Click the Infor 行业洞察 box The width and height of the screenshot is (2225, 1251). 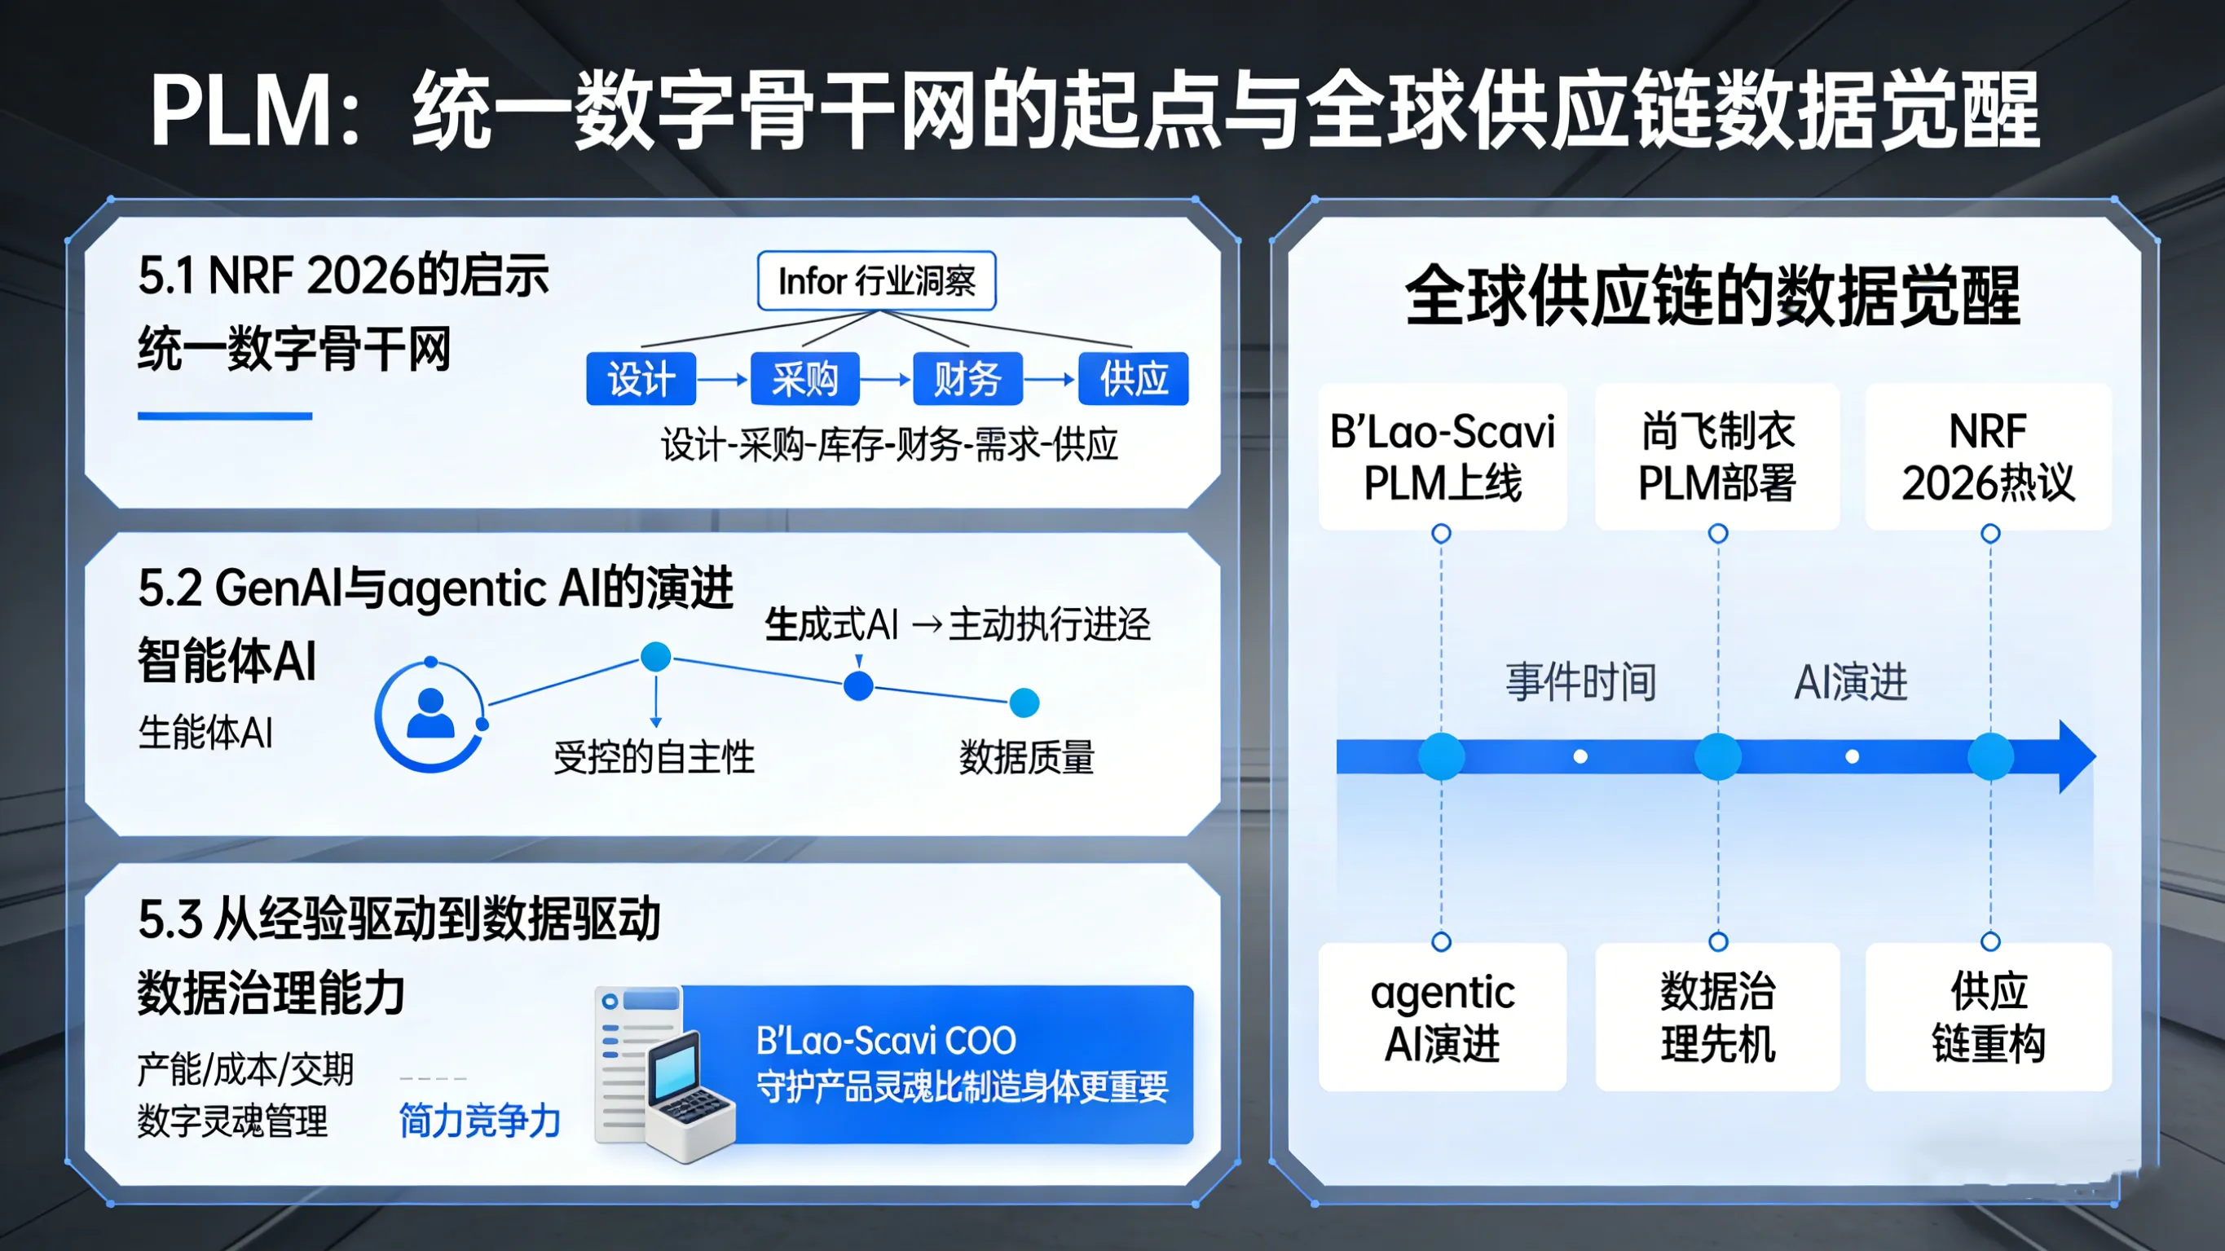pyautogui.click(x=876, y=281)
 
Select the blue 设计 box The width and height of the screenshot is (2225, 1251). pyautogui.click(x=640, y=378)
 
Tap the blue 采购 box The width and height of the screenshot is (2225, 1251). pyautogui.click(x=804, y=378)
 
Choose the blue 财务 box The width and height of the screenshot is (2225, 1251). pyautogui.click(x=967, y=378)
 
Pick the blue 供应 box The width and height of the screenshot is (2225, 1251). pyautogui.click(x=1132, y=378)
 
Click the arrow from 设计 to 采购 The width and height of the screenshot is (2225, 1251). pyautogui.click(x=722, y=379)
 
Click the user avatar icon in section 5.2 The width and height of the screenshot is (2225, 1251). pyautogui.click(x=430, y=716)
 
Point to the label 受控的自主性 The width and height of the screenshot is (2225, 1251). pyautogui.click(x=654, y=758)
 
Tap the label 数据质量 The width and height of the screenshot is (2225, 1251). pyautogui.click(x=1026, y=758)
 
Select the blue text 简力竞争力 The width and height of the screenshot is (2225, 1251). pyautogui.click(x=479, y=1121)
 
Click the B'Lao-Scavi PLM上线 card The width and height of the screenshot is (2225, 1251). pyautogui.click(x=1442, y=456)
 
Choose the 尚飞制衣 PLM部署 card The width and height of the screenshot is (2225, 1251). pyautogui.click(x=1717, y=456)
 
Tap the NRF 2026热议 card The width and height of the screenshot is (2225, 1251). pyautogui.click(x=1988, y=456)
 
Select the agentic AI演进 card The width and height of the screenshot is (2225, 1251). pyautogui.click(x=1442, y=1017)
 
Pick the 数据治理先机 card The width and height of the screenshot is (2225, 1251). pyautogui.click(x=1717, y=1017)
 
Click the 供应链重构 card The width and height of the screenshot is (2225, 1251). pyautogui.click(x=1988, y=1017)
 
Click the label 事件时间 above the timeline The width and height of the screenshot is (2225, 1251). pyautogui.click(x=1580, y=681)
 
